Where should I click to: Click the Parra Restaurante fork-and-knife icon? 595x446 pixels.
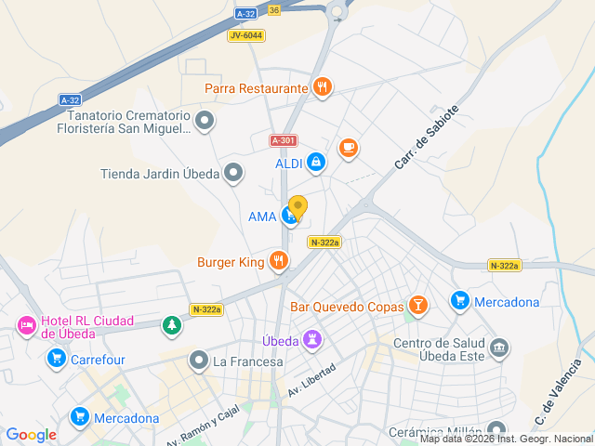[322, 88]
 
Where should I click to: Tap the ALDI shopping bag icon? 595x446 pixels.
[316, 164]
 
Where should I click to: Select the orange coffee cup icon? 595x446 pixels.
[349, 148]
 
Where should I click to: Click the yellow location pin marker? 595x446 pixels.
[297, 207]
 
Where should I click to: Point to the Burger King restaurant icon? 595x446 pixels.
[277, 262]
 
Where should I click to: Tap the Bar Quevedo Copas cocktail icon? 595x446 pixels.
[418, 306]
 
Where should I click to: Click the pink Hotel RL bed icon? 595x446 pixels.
[26, 325]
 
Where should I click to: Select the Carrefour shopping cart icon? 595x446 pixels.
[57, 359]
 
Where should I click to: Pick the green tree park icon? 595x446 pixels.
[171, 325]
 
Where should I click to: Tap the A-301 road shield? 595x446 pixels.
[284, 140]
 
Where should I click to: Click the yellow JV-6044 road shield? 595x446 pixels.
[245, 35]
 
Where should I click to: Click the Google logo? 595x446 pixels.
[31, 435]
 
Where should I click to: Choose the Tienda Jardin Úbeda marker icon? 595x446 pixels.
[233, 173]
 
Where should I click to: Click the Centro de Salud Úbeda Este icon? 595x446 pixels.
[499, 348]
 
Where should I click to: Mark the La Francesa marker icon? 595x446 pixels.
[198, 361]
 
